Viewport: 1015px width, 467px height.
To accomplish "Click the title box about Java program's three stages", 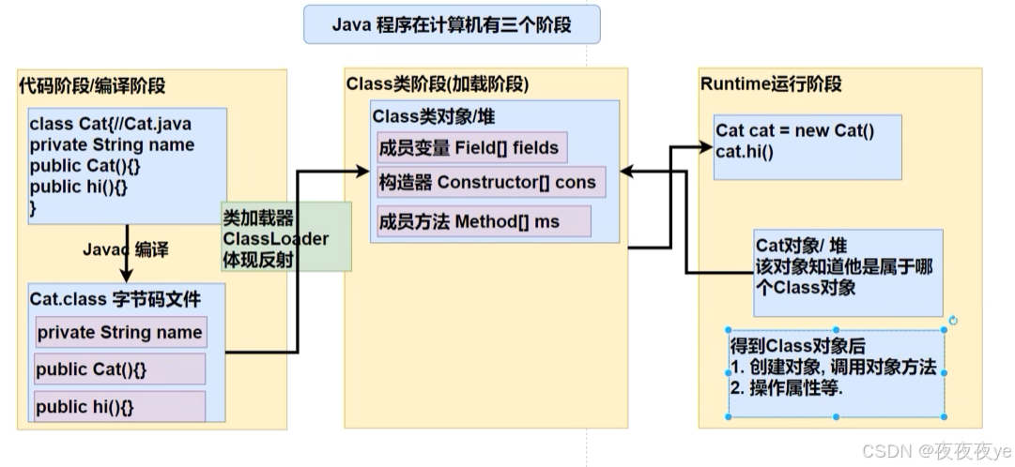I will [x=451, y=24].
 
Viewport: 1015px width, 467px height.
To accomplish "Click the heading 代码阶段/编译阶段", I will [x=92, y=85].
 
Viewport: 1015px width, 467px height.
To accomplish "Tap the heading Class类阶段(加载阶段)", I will [x=438, y=83].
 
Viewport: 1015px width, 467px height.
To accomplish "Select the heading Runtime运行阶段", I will [x=771, y=83].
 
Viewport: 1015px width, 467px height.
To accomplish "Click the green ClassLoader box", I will [x=285, y=237].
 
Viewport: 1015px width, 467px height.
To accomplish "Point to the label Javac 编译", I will [x=125, y=249].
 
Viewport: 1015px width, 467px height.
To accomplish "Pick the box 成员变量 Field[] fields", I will [x=469, y=147].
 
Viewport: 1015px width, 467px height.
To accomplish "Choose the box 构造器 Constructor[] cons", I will [x=487, y=182].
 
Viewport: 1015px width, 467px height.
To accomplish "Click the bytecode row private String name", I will [x=119, y=332].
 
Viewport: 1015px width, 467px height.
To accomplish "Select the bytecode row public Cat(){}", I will [x=119, y=369].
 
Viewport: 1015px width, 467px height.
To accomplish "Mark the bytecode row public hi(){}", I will [x=119, y=407].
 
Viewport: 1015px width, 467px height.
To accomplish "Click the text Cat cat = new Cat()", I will [x=794, y=131].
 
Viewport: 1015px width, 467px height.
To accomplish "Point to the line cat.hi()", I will [x=745, y=149].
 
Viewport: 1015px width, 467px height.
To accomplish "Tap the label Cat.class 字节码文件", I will [x=115, y=299].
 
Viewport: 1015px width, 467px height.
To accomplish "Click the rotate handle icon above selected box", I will [x=953, y=321].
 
